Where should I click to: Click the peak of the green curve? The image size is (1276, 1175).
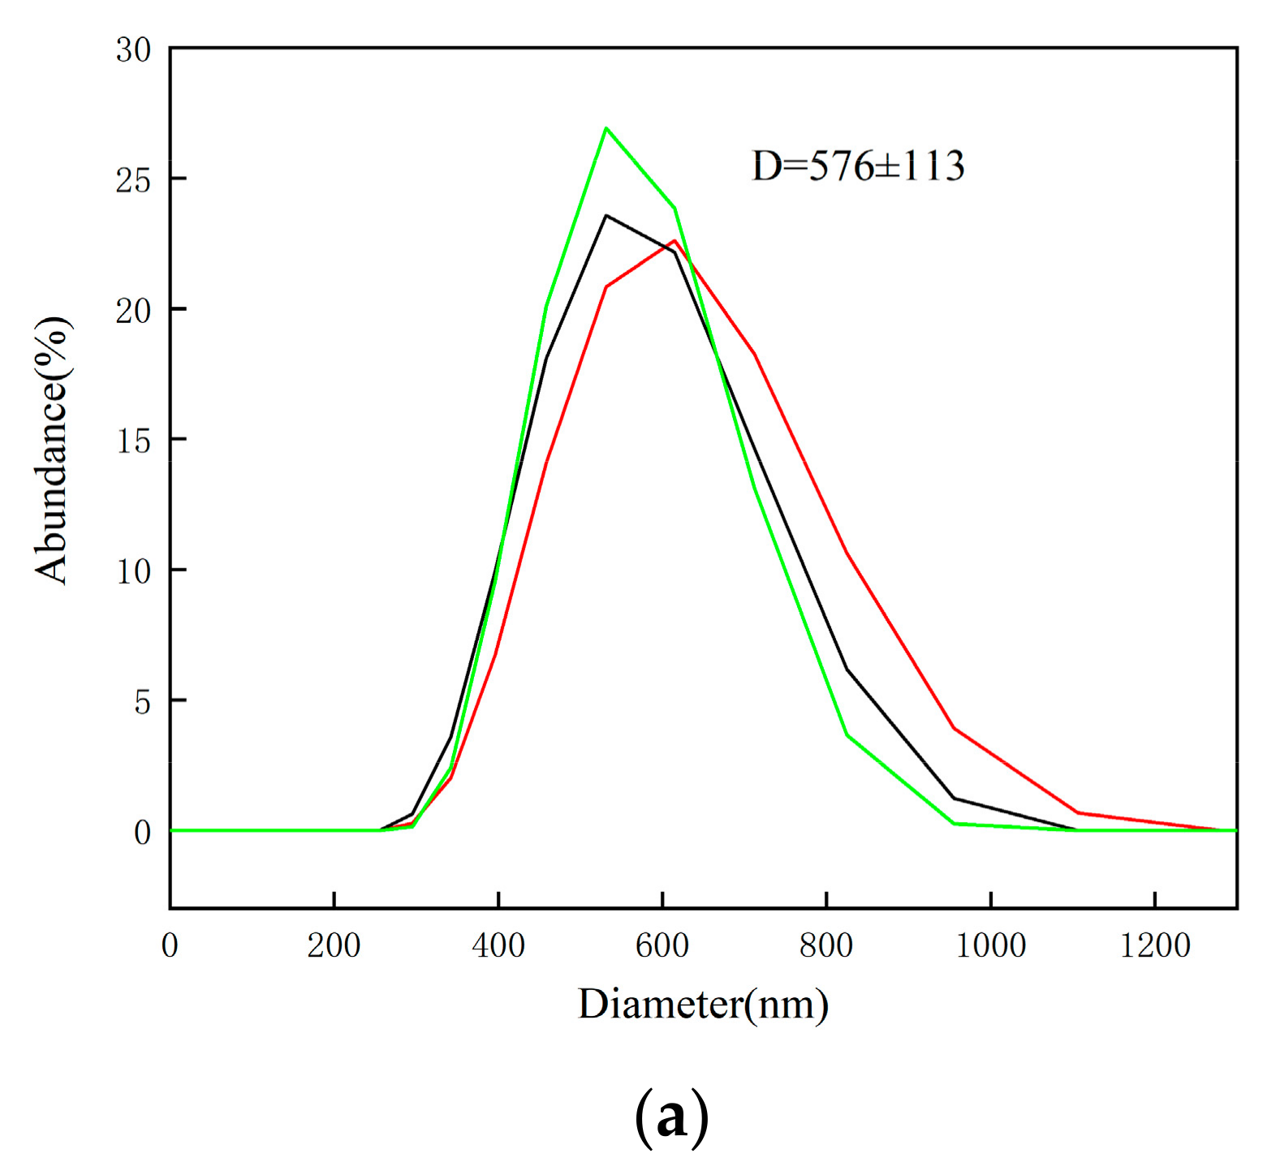pyautogui.click(x=606, y=128)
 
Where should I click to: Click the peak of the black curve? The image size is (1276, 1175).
pyautogui.click(x=606, y=216)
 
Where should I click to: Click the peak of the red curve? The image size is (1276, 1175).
pyautogui.click(x=675, y=240)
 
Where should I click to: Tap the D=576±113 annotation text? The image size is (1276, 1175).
pyautogui.click(x=858, y=166)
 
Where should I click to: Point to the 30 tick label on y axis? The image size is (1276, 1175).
pyautogui.click(x=133, y=50)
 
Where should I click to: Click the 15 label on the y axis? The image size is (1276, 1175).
pyautogui.click(x=133, y=441)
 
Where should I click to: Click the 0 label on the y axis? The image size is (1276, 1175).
pyautogui.click(x=142, y=833)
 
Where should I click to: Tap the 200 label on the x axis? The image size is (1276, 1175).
pyautogui.click(x=334, y=945)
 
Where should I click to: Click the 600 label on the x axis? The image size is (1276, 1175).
pyautogui.click(x=662, y=945)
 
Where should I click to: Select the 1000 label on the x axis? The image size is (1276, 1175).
pyautogui.click(x=990, y=945)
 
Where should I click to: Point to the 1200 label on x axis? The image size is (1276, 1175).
pyautogui.click(x=1154, y=945)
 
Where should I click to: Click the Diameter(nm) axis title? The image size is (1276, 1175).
pyautogui.click(x=703, y=1005)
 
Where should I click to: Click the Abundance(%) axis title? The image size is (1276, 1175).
pyautogui.click(x=53, y=450)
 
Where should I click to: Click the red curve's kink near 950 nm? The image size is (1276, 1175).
pyautogui.click(x=955, y=729)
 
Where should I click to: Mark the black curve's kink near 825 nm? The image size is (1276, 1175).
pyautogui.click(x=847, y=669)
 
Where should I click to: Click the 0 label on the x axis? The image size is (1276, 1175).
pyautogui.click(x=170, y=945)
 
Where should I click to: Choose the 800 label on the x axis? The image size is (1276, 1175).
pyautogui.click(x=826, y=945)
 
